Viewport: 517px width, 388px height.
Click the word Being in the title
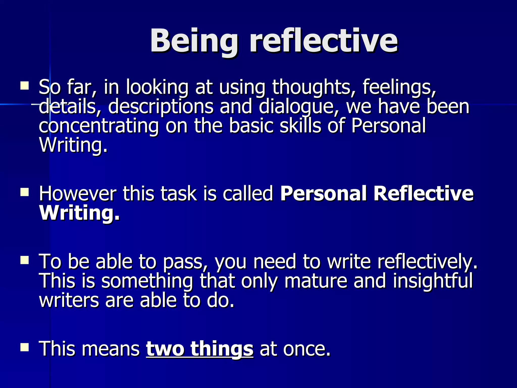194,41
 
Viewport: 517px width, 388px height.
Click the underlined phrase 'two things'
199,349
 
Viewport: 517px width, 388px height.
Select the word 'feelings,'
399,87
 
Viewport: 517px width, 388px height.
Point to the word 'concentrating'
99,126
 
